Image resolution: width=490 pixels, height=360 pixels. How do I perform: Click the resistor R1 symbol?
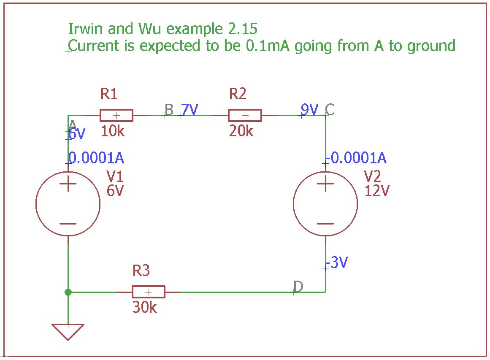[x=116, y=115]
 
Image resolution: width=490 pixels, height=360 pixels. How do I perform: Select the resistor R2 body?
[x=245, y=115]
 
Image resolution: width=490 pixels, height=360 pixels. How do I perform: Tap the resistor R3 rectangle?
[x=148, y=292]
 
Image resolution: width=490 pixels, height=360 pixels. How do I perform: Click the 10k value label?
[x=113, y=132]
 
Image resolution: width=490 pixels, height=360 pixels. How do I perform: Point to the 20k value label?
[x=241, y=132]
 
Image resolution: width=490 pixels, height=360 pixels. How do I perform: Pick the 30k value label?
[x=144, y=308]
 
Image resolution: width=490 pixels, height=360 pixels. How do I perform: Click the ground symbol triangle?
[x=68, y=330]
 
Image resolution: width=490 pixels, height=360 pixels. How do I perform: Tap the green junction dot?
[x=68, y=292]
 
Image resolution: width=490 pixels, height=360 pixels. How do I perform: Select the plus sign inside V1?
[x=68, y=184]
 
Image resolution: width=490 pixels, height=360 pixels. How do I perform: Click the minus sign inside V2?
[x=325, y=224]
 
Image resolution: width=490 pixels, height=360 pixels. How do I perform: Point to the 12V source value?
[x=377, y=191]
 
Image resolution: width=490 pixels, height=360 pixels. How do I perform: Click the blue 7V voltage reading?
[x=190, y=110]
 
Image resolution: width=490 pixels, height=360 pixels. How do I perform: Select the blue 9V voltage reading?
[x=310, y=110]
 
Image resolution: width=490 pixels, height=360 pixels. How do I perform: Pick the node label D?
[x=298, y=287]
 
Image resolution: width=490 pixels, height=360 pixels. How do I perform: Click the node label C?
[x=330, y=110]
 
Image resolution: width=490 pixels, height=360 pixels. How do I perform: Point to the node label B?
[x=169, y=110]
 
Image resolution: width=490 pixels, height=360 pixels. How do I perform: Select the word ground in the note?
[x=431, y=46]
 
